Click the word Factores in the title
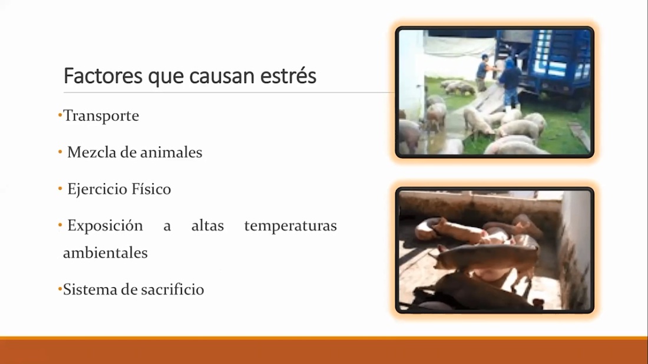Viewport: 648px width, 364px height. (x=103, y=76)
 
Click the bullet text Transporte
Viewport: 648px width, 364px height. (x=101, y=116)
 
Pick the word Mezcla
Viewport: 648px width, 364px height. (x=92, y=153)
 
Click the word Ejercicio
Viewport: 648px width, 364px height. (x=97, y=189)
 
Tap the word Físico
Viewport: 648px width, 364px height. (x=151, y=189)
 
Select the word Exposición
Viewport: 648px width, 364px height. (x=105, y=226)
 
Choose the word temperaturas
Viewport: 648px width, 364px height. (x=290, y=226)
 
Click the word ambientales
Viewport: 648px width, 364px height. (x=105, y=253)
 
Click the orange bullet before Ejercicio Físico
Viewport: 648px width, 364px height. (x=60, y=189)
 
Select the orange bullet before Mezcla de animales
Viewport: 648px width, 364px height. (x=60, y=153)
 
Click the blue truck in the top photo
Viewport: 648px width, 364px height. (x=545, y=66)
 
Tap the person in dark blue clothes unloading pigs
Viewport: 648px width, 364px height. (x=510, y=82)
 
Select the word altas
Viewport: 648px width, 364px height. (x=207, y=226)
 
